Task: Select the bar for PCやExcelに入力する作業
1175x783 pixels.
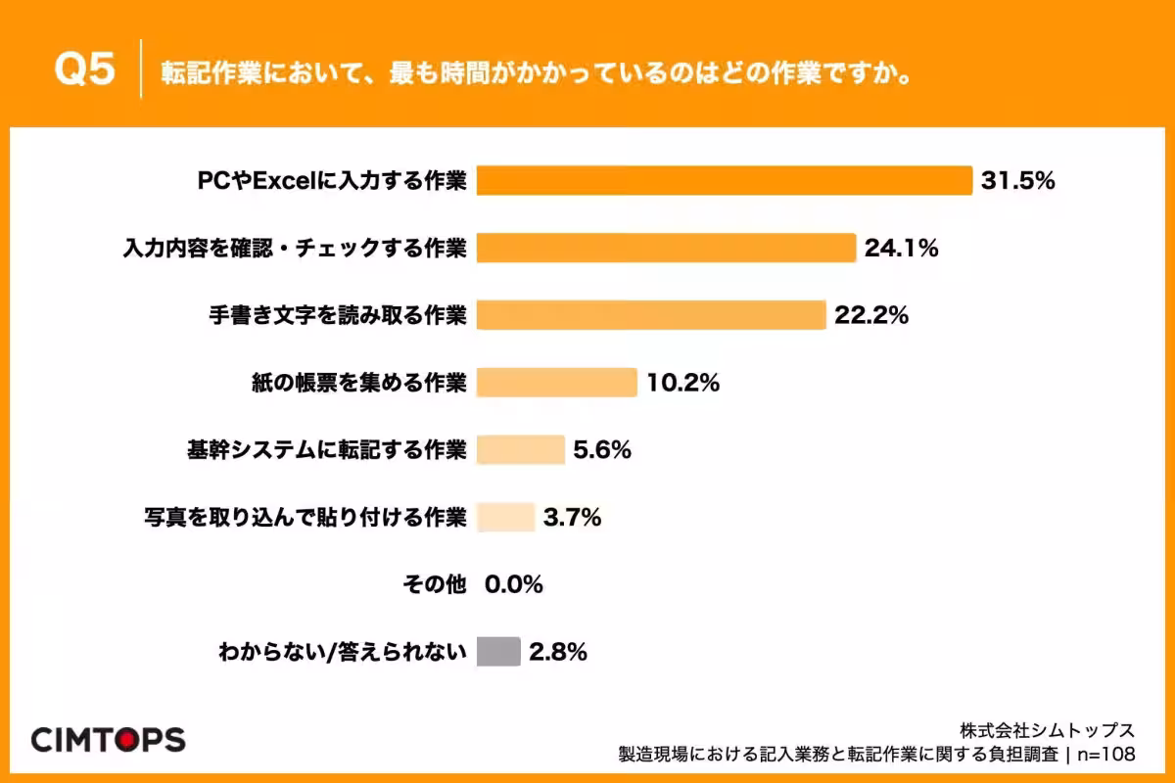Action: (x=724, y=180)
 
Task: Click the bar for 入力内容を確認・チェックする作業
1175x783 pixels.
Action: (x=666, y=248)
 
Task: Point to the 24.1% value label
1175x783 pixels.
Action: (x=901, y=248)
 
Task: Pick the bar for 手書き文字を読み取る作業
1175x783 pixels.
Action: (x=651, y=315)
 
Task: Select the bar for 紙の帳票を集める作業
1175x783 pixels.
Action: (x=556, y=383)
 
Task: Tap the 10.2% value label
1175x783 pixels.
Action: (x=682, y=383)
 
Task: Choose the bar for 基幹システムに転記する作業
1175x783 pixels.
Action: (x=520, y=449)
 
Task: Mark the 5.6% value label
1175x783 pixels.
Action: (x=601, y=449)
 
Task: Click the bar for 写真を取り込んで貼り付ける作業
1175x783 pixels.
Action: (x=505, y=517)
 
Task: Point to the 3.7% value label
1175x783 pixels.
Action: (x=572, y=517)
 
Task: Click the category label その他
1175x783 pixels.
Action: (x=434, y=584)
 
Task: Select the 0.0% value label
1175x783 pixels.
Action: (x=513, y=584)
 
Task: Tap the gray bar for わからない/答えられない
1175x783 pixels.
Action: (x=498, y=652)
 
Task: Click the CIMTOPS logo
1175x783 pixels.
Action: (x=108, y=739)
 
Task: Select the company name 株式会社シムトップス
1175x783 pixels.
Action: (x=1047, y=730)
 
